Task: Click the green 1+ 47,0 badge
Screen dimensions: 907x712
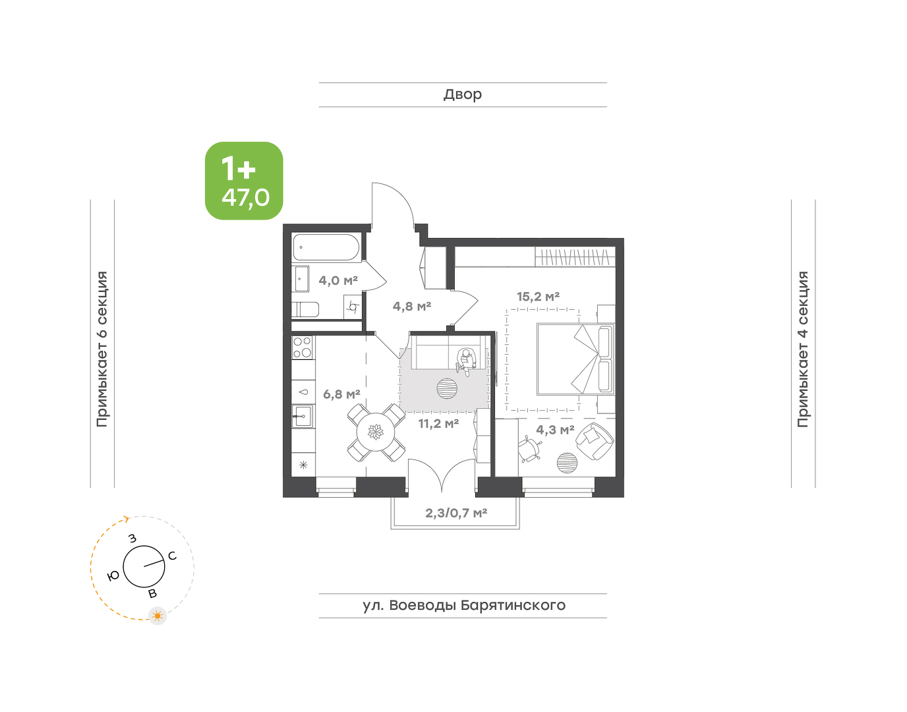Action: [x=244, y=181]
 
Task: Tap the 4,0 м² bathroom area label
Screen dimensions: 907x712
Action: [x=338, y=280]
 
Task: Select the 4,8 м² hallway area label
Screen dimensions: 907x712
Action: [x=411, y=307]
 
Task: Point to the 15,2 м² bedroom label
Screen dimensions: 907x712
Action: [x=538, y=297]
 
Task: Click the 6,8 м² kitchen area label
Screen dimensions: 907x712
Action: [x=341, y=394]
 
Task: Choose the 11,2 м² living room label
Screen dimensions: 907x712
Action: [x=439, y=424]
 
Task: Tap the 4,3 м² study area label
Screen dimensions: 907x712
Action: [x=555, y=429]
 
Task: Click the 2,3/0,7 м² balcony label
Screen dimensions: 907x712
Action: [x=456, y=513]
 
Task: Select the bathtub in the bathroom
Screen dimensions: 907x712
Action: [x=326, y=247]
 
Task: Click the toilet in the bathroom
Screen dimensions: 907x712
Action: [x=305, y=310]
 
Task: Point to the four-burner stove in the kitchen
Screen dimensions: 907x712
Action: [x=303, y=347]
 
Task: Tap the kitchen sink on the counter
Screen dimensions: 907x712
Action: [x=302, y=416]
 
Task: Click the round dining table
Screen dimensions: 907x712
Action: [x=376, y=432]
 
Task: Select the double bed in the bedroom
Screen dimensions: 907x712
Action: [x=575, y=359]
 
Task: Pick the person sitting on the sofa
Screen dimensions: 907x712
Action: [x=466, y=361]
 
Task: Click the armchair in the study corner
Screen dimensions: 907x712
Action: [x=595, y=441]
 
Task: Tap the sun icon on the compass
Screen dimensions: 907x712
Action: [x=158, y=616]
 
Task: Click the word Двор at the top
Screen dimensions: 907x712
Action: [x=463, y=94]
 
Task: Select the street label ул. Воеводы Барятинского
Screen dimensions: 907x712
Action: [x=464, y=605]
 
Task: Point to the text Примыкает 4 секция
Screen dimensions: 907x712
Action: [x=803, y=350]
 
